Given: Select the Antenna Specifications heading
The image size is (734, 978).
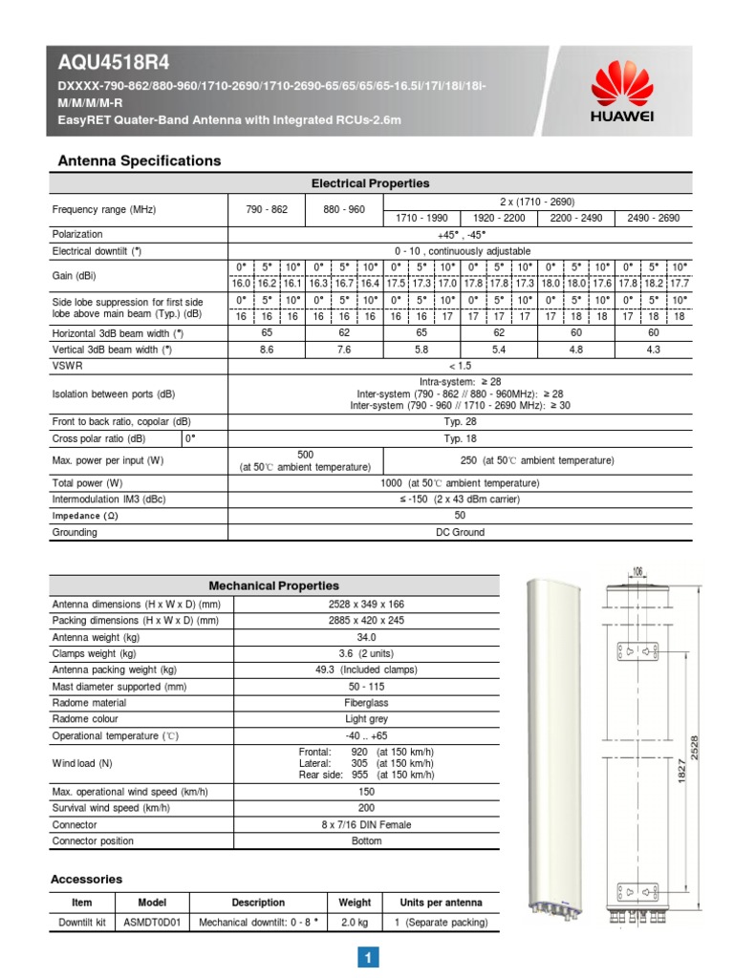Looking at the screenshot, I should point(140,160).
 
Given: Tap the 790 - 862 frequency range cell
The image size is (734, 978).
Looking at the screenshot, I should point(267,209).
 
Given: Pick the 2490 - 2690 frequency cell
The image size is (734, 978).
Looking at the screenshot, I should point(653,218).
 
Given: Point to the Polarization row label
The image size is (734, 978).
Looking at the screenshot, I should point(77,234).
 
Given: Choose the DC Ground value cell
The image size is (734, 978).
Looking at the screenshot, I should point(460,532).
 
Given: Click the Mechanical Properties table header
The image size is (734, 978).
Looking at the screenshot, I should point(273,585).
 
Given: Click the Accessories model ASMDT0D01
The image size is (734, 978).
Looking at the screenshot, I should point(152,923).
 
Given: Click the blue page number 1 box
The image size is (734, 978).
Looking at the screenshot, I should point(367,957).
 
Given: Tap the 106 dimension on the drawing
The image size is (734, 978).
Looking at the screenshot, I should point(637,572).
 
